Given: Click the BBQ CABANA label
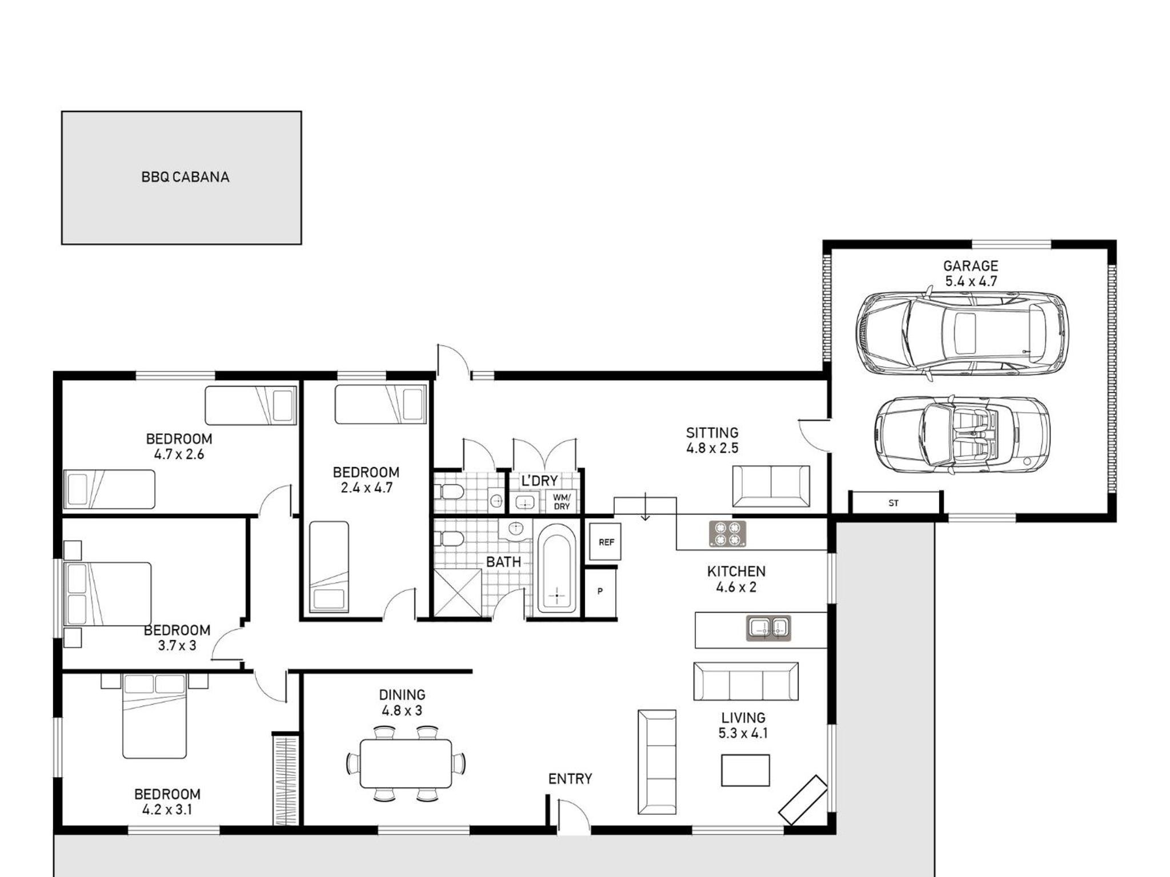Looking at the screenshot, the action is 185,177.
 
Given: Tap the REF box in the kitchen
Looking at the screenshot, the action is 605,542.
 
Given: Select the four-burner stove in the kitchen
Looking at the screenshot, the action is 727,533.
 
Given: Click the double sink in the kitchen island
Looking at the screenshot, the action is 768,628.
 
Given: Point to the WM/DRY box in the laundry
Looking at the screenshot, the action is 562,502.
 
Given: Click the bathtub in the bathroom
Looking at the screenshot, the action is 556,570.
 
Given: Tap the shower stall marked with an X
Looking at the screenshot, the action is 458,593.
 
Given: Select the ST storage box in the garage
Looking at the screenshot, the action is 894,503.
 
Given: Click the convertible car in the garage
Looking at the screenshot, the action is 962,435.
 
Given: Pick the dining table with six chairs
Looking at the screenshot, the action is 406,763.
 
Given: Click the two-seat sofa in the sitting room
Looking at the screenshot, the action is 771,486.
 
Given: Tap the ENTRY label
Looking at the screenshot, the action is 570,779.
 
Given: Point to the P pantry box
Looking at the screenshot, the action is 600,592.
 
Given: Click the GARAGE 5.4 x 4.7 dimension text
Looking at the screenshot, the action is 971,273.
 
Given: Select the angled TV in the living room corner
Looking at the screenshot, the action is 803,799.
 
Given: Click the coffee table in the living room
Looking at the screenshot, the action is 745,770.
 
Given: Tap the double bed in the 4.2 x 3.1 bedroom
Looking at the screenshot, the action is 155,716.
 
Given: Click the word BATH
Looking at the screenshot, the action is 503,562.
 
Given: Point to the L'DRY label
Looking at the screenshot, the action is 539,481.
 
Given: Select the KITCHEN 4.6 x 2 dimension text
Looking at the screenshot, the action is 736,579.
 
